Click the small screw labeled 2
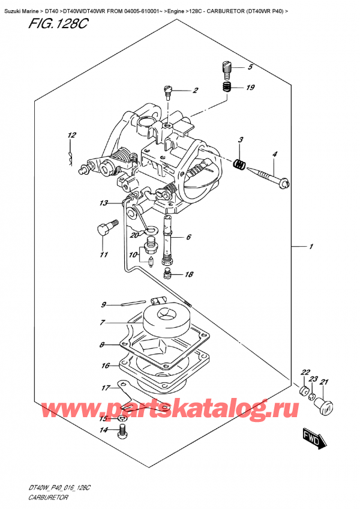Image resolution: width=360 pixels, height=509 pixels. (167, 91)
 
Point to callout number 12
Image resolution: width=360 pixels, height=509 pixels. (71, 135)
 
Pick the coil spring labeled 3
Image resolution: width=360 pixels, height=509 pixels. (239, 163)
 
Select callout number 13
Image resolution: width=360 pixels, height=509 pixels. (103, 203)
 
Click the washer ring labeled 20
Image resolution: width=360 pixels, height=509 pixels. (152, 229)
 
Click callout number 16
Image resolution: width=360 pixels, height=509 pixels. (106, 365)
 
